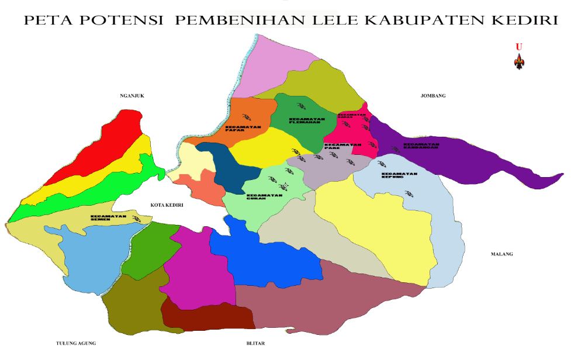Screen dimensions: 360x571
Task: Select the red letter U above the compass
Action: [x=518, y=46]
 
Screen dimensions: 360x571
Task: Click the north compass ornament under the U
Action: [x=519, y=61]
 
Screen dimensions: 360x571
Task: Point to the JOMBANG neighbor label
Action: [x=433, y=95]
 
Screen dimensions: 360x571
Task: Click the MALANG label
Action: [x=502, y=254]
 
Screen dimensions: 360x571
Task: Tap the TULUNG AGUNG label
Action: [x=76, y=343]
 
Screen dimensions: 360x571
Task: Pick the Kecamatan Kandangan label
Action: [x=421, y=146]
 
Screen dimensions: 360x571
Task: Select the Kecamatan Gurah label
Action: [x=264, y=198]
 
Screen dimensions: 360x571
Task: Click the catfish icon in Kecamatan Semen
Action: [x=137, y=218]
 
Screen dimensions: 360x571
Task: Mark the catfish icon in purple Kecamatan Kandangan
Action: [x=395, y=150]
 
